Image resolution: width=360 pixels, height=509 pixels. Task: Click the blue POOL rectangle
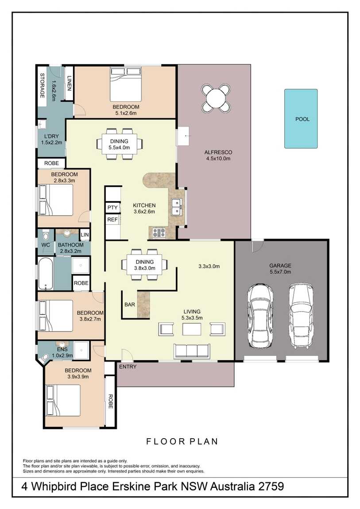click(301, 119)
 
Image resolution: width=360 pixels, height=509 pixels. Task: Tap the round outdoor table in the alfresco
click(216, 97)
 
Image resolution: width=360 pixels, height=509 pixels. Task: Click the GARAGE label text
click(280, 265)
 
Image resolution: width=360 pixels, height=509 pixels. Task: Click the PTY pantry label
click(112, 208)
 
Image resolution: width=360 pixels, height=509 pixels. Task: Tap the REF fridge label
click(112, 220)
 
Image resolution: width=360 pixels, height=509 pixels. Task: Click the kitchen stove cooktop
click(159, 232)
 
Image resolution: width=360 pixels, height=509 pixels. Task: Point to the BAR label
click(130, 305)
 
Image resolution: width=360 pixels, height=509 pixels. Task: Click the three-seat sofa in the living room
click(192, 351)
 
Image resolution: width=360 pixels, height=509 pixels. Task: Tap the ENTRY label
click(128, 367)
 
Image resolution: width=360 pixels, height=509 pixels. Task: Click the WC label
click(46, 245)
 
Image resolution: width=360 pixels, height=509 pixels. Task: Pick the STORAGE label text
click(42, 85)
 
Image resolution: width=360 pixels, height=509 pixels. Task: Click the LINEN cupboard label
click(69, 83)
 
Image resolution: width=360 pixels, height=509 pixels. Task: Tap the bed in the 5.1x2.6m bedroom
click(126, 84)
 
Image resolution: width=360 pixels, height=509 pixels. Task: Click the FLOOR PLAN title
click(182, 441)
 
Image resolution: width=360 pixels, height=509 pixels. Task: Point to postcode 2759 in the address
click(271, 486)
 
